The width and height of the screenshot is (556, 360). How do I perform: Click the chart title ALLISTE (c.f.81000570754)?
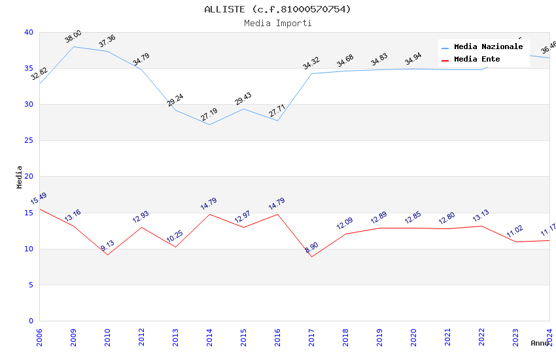pos(277,9)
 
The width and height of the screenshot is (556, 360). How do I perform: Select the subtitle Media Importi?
pos(277,23)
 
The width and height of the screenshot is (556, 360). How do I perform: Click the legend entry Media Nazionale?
pos(488,47)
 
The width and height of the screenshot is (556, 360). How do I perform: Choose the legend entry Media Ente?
pos(477,60)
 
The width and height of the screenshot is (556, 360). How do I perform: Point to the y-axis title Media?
pos(19,177)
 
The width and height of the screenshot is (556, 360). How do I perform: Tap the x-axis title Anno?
pos(540,343)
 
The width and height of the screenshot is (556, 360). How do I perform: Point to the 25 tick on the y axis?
pos(29,140)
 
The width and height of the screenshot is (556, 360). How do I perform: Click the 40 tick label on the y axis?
pos(29,32)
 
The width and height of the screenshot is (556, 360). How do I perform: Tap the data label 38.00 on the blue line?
pos(73,37)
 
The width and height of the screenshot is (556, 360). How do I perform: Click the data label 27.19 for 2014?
pos(209,115)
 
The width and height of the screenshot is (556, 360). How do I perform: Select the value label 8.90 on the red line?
pos(311,247)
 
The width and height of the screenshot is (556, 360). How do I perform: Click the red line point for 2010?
pos(107,255)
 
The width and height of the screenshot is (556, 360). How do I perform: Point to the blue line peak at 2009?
pos(73,46)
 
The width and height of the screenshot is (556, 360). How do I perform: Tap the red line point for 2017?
pos(311,257)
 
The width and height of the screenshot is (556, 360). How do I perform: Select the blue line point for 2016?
pos(277,120)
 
